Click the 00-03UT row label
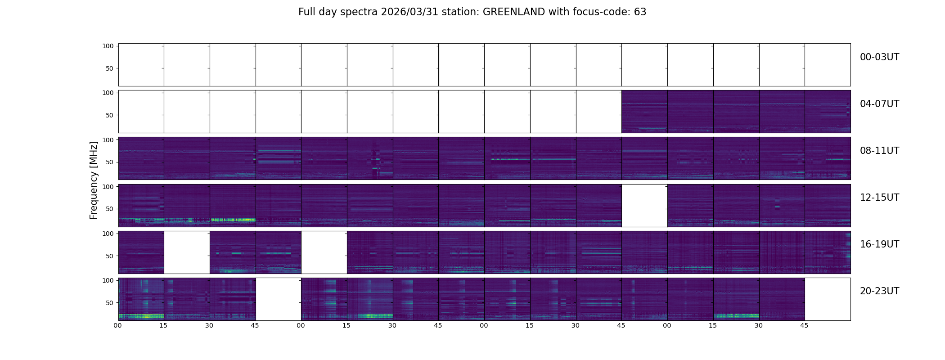[x=879, y=57]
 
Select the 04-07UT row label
[x=879, y=104]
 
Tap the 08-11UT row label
[x=879, y=151]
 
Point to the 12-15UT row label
[x=879, y=198]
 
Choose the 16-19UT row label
[x=879, y=244]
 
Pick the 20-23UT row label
[x=879, y=291]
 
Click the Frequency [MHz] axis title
[x=94, y=180]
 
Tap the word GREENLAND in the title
[x=514, y=12]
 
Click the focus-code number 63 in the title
[x=640, y=12]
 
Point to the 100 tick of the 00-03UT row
[x=108, y=46]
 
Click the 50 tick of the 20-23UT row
[x=109, y=303]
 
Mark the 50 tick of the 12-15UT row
[x=109, y=209]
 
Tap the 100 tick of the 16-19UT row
[x=108, y=234]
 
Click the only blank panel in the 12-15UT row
[x=644, y=206]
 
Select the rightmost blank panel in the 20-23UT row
[x=827, y=299]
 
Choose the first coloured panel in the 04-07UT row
[x=644, y=112]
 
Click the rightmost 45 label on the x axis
[x=804, y=325]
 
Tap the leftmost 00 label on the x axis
[x=118, y=325]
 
